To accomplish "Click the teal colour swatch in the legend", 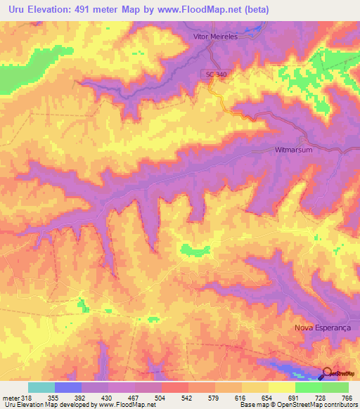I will pyautogui.click(x=41, y=387).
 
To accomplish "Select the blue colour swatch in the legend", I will pyautogui.click(x=68, y=387).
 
